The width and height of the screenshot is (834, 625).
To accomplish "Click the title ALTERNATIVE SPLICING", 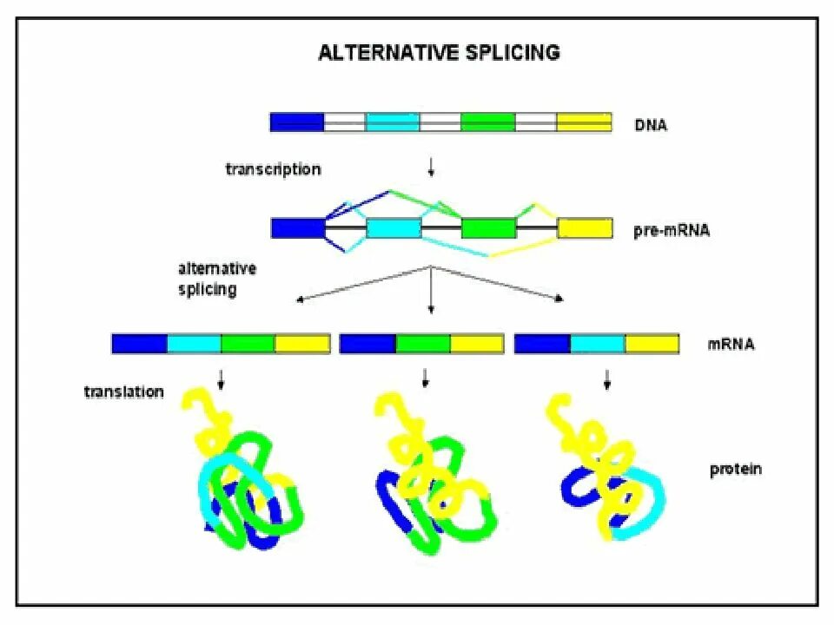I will pos(439,53).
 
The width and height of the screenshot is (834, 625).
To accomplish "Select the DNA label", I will pos(652,124).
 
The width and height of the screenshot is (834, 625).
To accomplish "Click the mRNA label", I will pos(731,345).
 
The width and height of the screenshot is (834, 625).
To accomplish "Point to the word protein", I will pos(735,469).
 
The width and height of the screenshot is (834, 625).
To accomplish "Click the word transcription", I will pos(273,169).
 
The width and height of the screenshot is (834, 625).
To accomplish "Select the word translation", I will pos(124,391).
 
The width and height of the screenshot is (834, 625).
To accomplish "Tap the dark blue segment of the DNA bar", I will pos(296,122).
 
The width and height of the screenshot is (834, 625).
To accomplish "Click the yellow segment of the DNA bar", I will pos(584,122).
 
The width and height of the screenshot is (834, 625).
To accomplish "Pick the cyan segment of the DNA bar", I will pos(393,122).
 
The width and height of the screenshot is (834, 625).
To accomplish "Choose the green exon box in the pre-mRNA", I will pos(488,228).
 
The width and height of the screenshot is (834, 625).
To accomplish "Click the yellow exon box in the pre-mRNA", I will pos(584,228).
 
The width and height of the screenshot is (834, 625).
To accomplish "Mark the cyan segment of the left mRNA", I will pos(194,344).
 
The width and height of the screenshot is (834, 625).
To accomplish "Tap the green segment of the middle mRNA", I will pos(422,344).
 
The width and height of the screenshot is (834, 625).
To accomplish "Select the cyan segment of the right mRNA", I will pos(598,344).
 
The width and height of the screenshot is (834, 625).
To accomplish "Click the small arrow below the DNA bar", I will pos(431,168).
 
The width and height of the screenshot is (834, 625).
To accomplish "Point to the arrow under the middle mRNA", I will pos(425,378).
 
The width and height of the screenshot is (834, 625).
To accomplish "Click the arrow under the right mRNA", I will pos(606,378).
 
